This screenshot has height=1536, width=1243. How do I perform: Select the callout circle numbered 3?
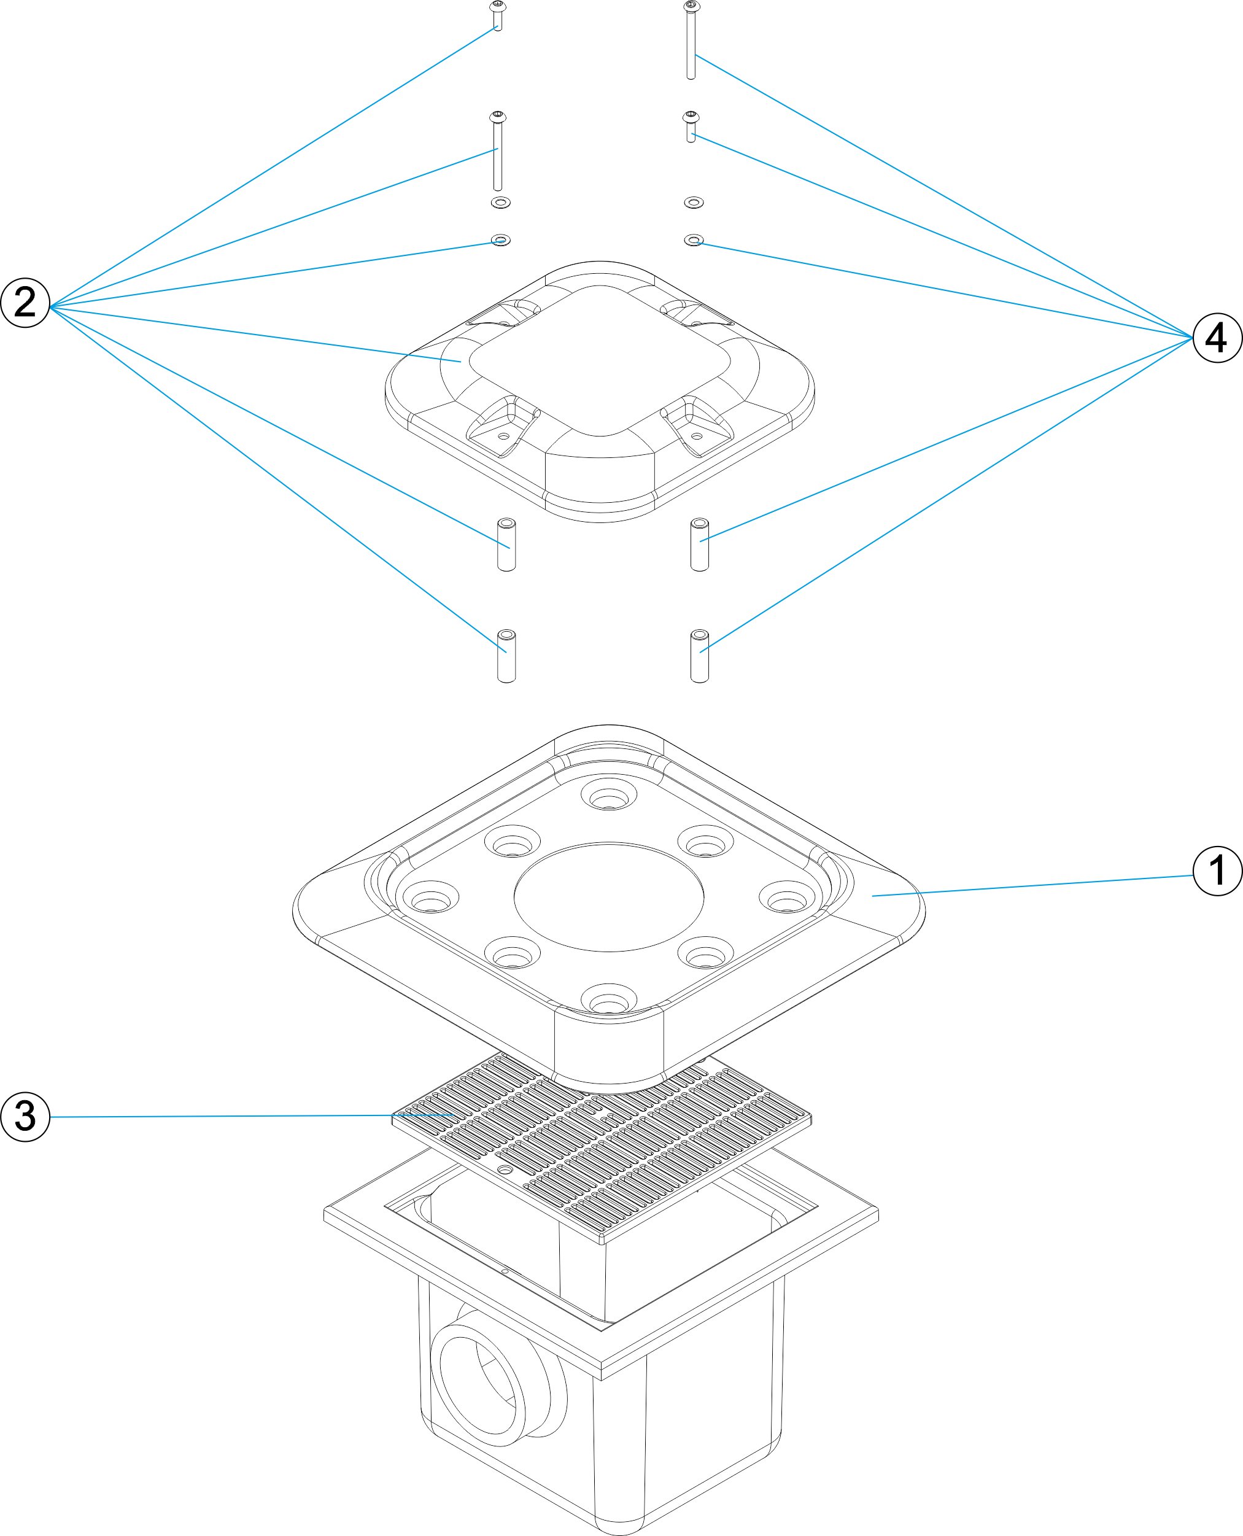(x=25, y=1116)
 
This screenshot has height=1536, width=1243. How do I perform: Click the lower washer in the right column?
(x=694, y=239)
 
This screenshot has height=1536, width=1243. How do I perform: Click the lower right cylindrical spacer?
(x=700, y=655)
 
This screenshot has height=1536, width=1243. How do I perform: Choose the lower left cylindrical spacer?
(x=506, y=655)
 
